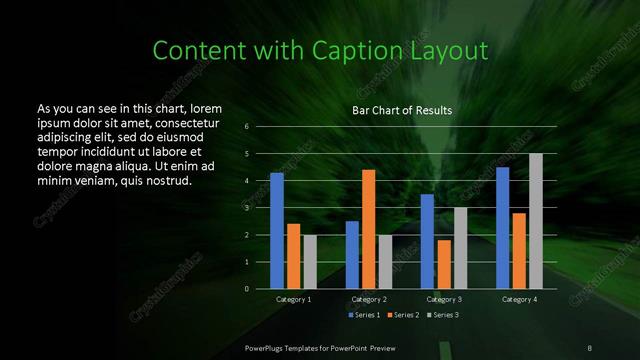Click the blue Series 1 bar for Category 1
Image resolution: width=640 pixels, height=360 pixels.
click(x=277, y=231)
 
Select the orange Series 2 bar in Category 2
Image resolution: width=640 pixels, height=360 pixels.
click(x=368, y=229)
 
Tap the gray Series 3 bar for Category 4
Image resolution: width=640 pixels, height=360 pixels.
click(x=536, y=221)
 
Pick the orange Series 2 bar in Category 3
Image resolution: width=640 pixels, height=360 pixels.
click(x=443, y=264)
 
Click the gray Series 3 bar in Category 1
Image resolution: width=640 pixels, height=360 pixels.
click(x=310, y=262)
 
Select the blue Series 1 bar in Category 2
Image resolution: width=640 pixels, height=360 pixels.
click(x=352, y=255)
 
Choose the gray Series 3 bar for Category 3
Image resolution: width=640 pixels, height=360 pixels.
click(x=460, y=248)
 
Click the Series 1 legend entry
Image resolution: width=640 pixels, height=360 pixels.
click(x=364, y=315)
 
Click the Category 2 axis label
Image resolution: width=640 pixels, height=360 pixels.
click(x=369, y=299)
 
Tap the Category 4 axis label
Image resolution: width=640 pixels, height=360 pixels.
click(x=519, y=299)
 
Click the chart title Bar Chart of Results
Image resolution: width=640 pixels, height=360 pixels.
click(x=403, y=110)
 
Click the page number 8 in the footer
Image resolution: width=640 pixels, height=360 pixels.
click(x=589, y=346)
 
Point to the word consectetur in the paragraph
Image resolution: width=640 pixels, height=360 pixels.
click(x=182, y=120)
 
